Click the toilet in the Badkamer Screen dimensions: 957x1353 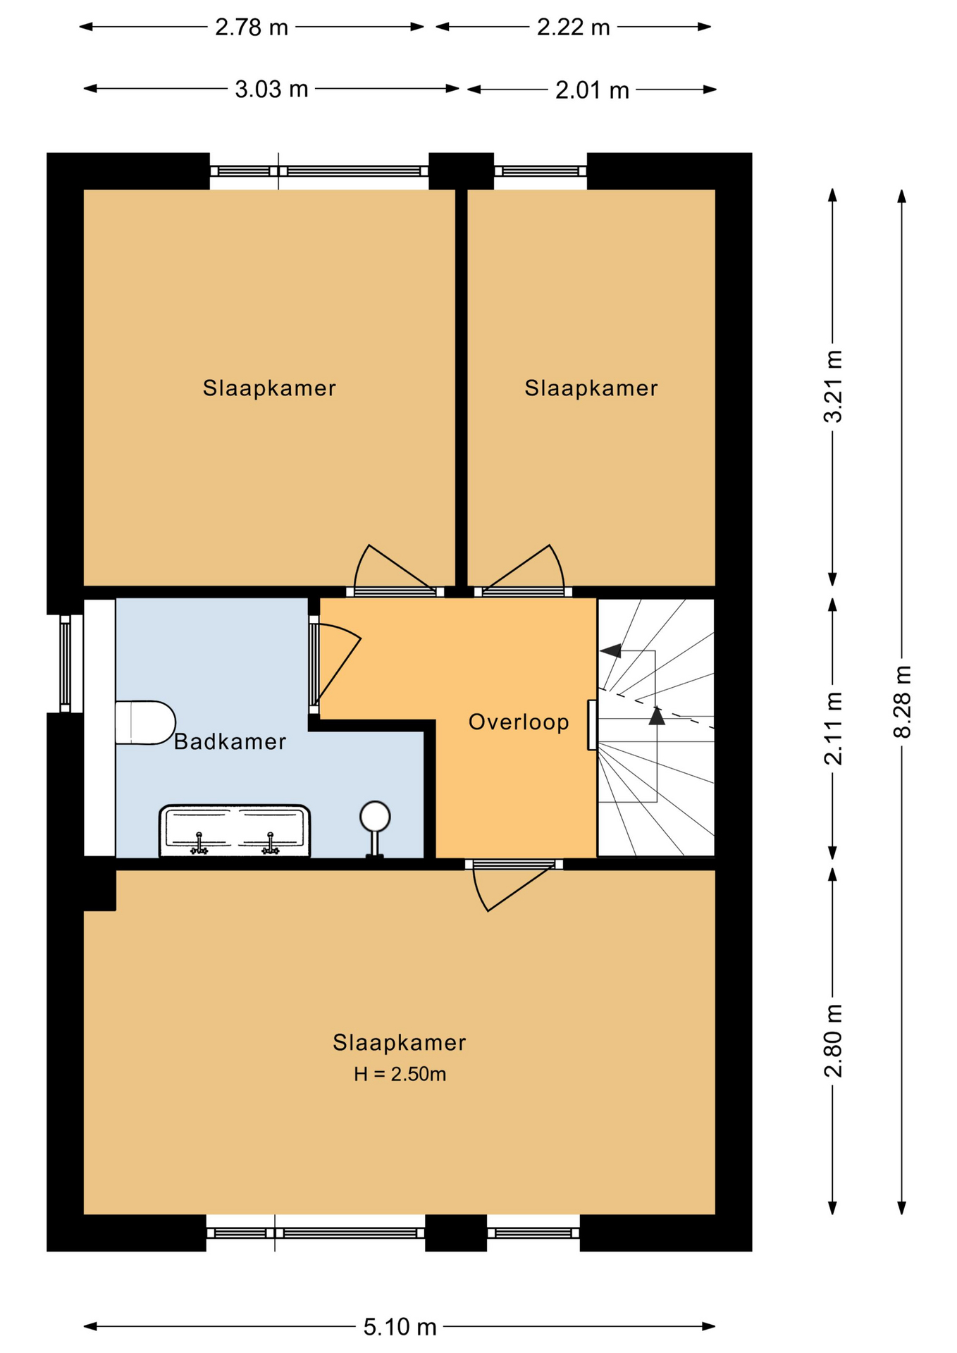tap(145, 722)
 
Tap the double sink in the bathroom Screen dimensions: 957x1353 tap(235, 831)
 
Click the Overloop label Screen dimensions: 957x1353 tap(519, 722)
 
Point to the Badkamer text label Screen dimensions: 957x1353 tap(230, 741)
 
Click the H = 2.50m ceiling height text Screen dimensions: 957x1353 tap(400, 1074)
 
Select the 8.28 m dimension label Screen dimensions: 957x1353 tap(903, 702)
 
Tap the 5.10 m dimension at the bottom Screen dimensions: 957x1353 tap(400, 1327)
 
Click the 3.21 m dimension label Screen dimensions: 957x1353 tap(833, 386)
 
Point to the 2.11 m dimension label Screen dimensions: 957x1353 tap(833, 729)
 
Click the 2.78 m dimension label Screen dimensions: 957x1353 tap(252, 27)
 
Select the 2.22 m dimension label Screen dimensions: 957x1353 tap(573, 27)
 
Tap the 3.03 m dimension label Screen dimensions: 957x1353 tap(271, 89)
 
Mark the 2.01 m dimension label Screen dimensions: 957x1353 tap(592, 90)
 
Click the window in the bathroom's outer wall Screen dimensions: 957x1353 tap(65, 663)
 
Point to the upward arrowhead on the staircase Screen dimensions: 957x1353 tap(657, 716)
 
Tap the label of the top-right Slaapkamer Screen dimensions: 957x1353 tap(591, 388)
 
